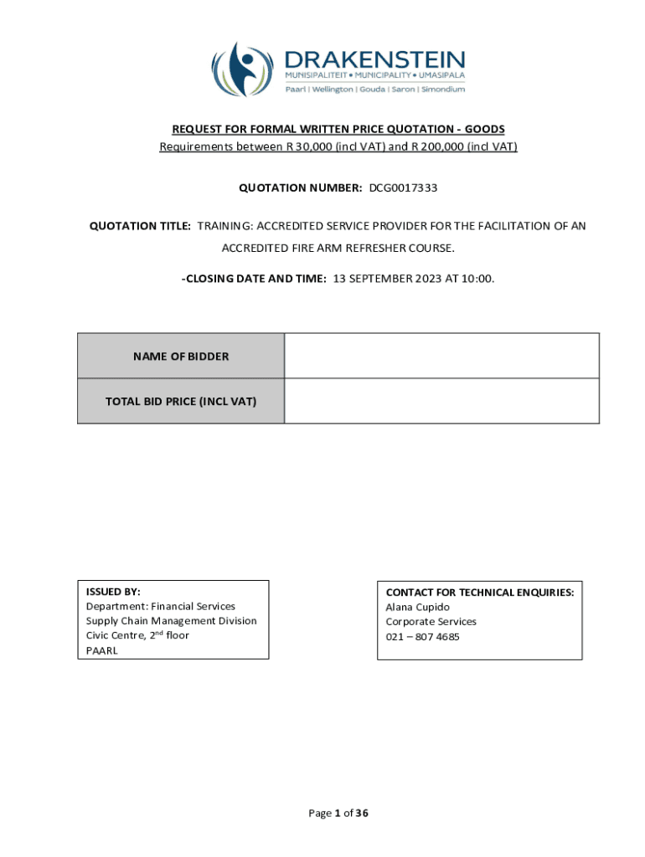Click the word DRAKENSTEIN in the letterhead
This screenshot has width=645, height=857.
pyautogui.click(x=374, y=60)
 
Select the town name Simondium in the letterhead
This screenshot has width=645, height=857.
pyautogui.click(x=442, y=90)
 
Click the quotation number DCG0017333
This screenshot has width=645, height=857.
pyautogui.click(x=403, y=187)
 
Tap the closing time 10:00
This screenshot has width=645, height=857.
pyautogui.click(x=479, y=279)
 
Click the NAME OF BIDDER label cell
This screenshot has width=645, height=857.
pyautogui.click(x=181, y=357)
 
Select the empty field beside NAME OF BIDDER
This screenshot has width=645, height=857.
pyautogui.click(x=441, y=357)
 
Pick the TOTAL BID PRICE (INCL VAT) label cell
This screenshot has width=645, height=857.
pyautogui.click(x=181, y=402)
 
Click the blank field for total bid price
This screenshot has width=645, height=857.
pyautogui.click(x=441, y=402)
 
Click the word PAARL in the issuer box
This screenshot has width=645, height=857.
pyautogui.click(x=102, y=650)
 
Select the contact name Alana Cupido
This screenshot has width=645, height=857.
pyautogui.click(x=417, y=607)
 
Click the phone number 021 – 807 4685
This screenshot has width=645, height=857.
pyautogui.click(x=422, y=637)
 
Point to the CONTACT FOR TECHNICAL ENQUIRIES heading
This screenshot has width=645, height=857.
pyautogui.click(x=479, y=592)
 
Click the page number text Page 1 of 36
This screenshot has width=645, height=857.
pyautogui.click(x=338, y=813)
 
